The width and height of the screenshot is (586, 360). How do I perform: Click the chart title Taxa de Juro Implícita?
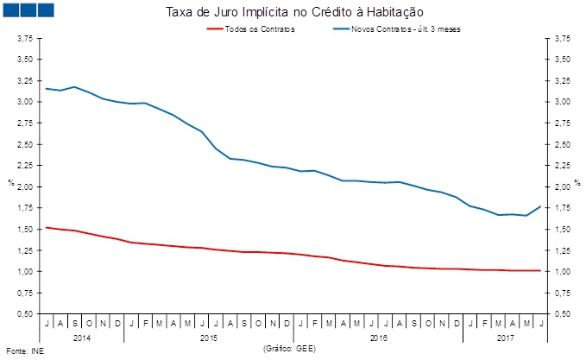pyautogui.click(x=293, y=12)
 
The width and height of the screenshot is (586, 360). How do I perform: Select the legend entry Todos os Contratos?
pyautogui.click(x=260, y=29)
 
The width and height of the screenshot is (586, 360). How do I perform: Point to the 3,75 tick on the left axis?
pyautogui.click(x=25, y=39)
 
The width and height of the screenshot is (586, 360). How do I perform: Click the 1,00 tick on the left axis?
pyautogui.click(x=25, y=271)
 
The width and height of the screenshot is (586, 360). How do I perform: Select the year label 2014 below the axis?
pyautogui.click(x=81, y=338)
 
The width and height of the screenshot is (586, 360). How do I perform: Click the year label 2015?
pyautogui.click(x=208, y=338)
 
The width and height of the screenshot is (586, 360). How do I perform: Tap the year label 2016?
pyautogui.click(x=377, y=338)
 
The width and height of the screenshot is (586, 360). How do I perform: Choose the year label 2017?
pyautogui.click(x=505, y=338)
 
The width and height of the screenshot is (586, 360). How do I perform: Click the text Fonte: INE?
pyautogui.click(x=23, y=351)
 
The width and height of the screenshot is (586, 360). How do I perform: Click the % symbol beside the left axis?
pyautogui.click(x=10, y=182)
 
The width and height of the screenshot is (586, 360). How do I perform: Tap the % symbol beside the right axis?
pyautogui.click(x=575, y=182)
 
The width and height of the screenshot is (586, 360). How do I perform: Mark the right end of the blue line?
pyautogui.click(x=540, y=206)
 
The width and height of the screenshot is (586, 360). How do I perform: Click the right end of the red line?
pyautogui.click(x=540, y=270)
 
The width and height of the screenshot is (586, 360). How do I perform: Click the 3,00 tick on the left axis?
pyautogui.click(x=25, y=102)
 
